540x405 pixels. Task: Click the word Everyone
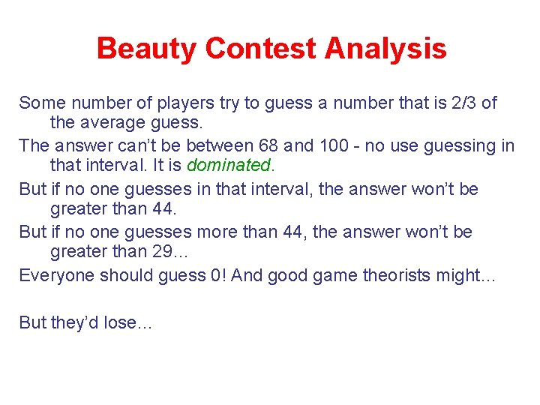52,275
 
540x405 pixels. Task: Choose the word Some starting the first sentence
40,103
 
